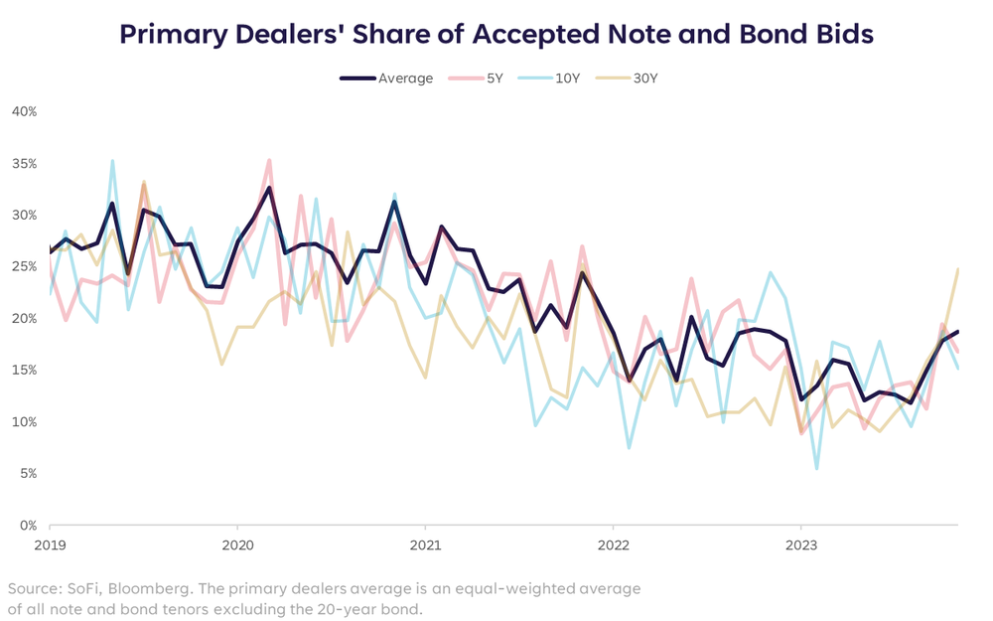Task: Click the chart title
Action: [x=496, y=34]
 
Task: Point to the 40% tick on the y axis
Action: [x=24, y=111]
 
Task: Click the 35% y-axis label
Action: [x=24, y=163]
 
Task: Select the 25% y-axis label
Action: [x=24, y=266]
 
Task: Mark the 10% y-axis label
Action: [x=24, y=421]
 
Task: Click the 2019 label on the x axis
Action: [x=50, y=544]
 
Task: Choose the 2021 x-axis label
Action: [x=425, y=544]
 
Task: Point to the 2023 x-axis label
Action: [x=800, y=544]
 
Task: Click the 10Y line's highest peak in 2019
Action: [x=112, y=160]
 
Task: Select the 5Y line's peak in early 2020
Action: [x=269, y=160]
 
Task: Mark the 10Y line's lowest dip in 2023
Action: [x=816, y=468]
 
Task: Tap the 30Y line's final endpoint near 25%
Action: [x=958, y=269]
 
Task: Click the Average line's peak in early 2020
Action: [x=269, y=188]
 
